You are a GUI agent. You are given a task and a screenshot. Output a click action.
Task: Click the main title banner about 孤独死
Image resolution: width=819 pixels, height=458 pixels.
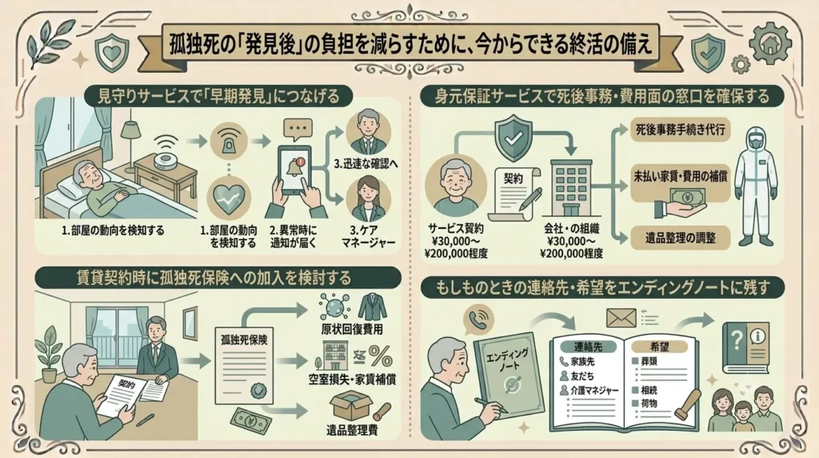[410, 45]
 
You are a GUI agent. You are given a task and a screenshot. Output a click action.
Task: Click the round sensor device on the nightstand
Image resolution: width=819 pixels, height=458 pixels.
[166, 160]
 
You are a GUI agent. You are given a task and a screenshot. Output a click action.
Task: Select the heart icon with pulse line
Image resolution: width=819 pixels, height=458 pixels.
[229, 198]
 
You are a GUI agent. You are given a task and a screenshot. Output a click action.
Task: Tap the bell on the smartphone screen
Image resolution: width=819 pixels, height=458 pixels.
[294, 167]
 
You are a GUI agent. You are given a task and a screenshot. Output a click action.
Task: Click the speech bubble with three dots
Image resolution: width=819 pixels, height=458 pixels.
[298, 129]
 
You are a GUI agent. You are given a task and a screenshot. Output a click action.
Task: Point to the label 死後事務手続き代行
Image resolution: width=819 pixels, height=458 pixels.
[680, 130]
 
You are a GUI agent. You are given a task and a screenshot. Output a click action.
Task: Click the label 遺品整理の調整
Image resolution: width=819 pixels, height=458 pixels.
[680, 238]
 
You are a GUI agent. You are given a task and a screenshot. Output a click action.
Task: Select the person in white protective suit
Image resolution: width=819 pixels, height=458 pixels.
[754, 186]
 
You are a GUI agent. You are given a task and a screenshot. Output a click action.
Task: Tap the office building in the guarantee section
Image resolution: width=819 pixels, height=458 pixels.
[571, 187]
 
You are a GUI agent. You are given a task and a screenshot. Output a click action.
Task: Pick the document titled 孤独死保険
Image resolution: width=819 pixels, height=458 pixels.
[244, 365]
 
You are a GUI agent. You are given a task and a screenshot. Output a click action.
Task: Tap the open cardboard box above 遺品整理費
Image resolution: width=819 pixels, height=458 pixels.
[351, 406]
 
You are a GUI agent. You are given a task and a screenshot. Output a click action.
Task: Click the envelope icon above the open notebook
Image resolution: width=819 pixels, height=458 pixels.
[621, 318]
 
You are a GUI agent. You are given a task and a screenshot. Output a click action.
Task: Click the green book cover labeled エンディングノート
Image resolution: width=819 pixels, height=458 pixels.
[509, 375]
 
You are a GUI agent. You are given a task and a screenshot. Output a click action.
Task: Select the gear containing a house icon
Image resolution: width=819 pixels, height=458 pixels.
[770, 43]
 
